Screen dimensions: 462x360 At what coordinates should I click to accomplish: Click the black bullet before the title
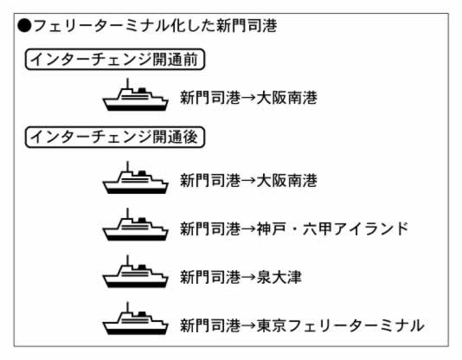pos(24,26)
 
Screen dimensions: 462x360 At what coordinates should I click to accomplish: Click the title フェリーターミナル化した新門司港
pos(155,26)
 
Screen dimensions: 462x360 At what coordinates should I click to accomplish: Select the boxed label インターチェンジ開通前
pos(114,59)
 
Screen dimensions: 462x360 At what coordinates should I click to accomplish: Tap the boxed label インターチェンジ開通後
pos(114,137)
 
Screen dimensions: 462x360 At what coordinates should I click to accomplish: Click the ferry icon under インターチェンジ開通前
pos(135,95)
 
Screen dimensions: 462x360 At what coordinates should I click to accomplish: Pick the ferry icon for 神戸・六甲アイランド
pos(135,224)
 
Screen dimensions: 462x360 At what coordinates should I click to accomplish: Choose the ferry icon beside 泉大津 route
pos(135,272)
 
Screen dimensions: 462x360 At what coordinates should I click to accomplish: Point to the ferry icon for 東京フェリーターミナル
pos(135,318)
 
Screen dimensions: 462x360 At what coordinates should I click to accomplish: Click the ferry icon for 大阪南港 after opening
pos(135,177)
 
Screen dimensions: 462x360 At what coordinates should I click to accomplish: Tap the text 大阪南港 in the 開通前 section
pos(286,98)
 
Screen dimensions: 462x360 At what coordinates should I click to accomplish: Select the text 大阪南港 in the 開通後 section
pos(286,180)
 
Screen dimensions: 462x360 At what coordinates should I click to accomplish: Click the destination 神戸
pos(271,228)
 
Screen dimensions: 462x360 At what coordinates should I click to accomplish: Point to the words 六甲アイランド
pos(356,228)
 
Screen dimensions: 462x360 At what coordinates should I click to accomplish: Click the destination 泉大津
pos(279,277)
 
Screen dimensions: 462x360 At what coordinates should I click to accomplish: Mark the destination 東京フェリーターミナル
pos(340,325)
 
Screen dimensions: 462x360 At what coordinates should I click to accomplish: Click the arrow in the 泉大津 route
pos(248,277)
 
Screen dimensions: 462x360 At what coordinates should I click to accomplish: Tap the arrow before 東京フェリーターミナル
pos(248,325)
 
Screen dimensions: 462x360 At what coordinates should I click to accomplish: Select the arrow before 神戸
pos(248,229)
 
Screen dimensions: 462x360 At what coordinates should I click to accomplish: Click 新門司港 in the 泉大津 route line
pos(210,277)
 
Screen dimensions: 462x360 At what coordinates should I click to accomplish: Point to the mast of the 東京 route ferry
pos(127,307)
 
